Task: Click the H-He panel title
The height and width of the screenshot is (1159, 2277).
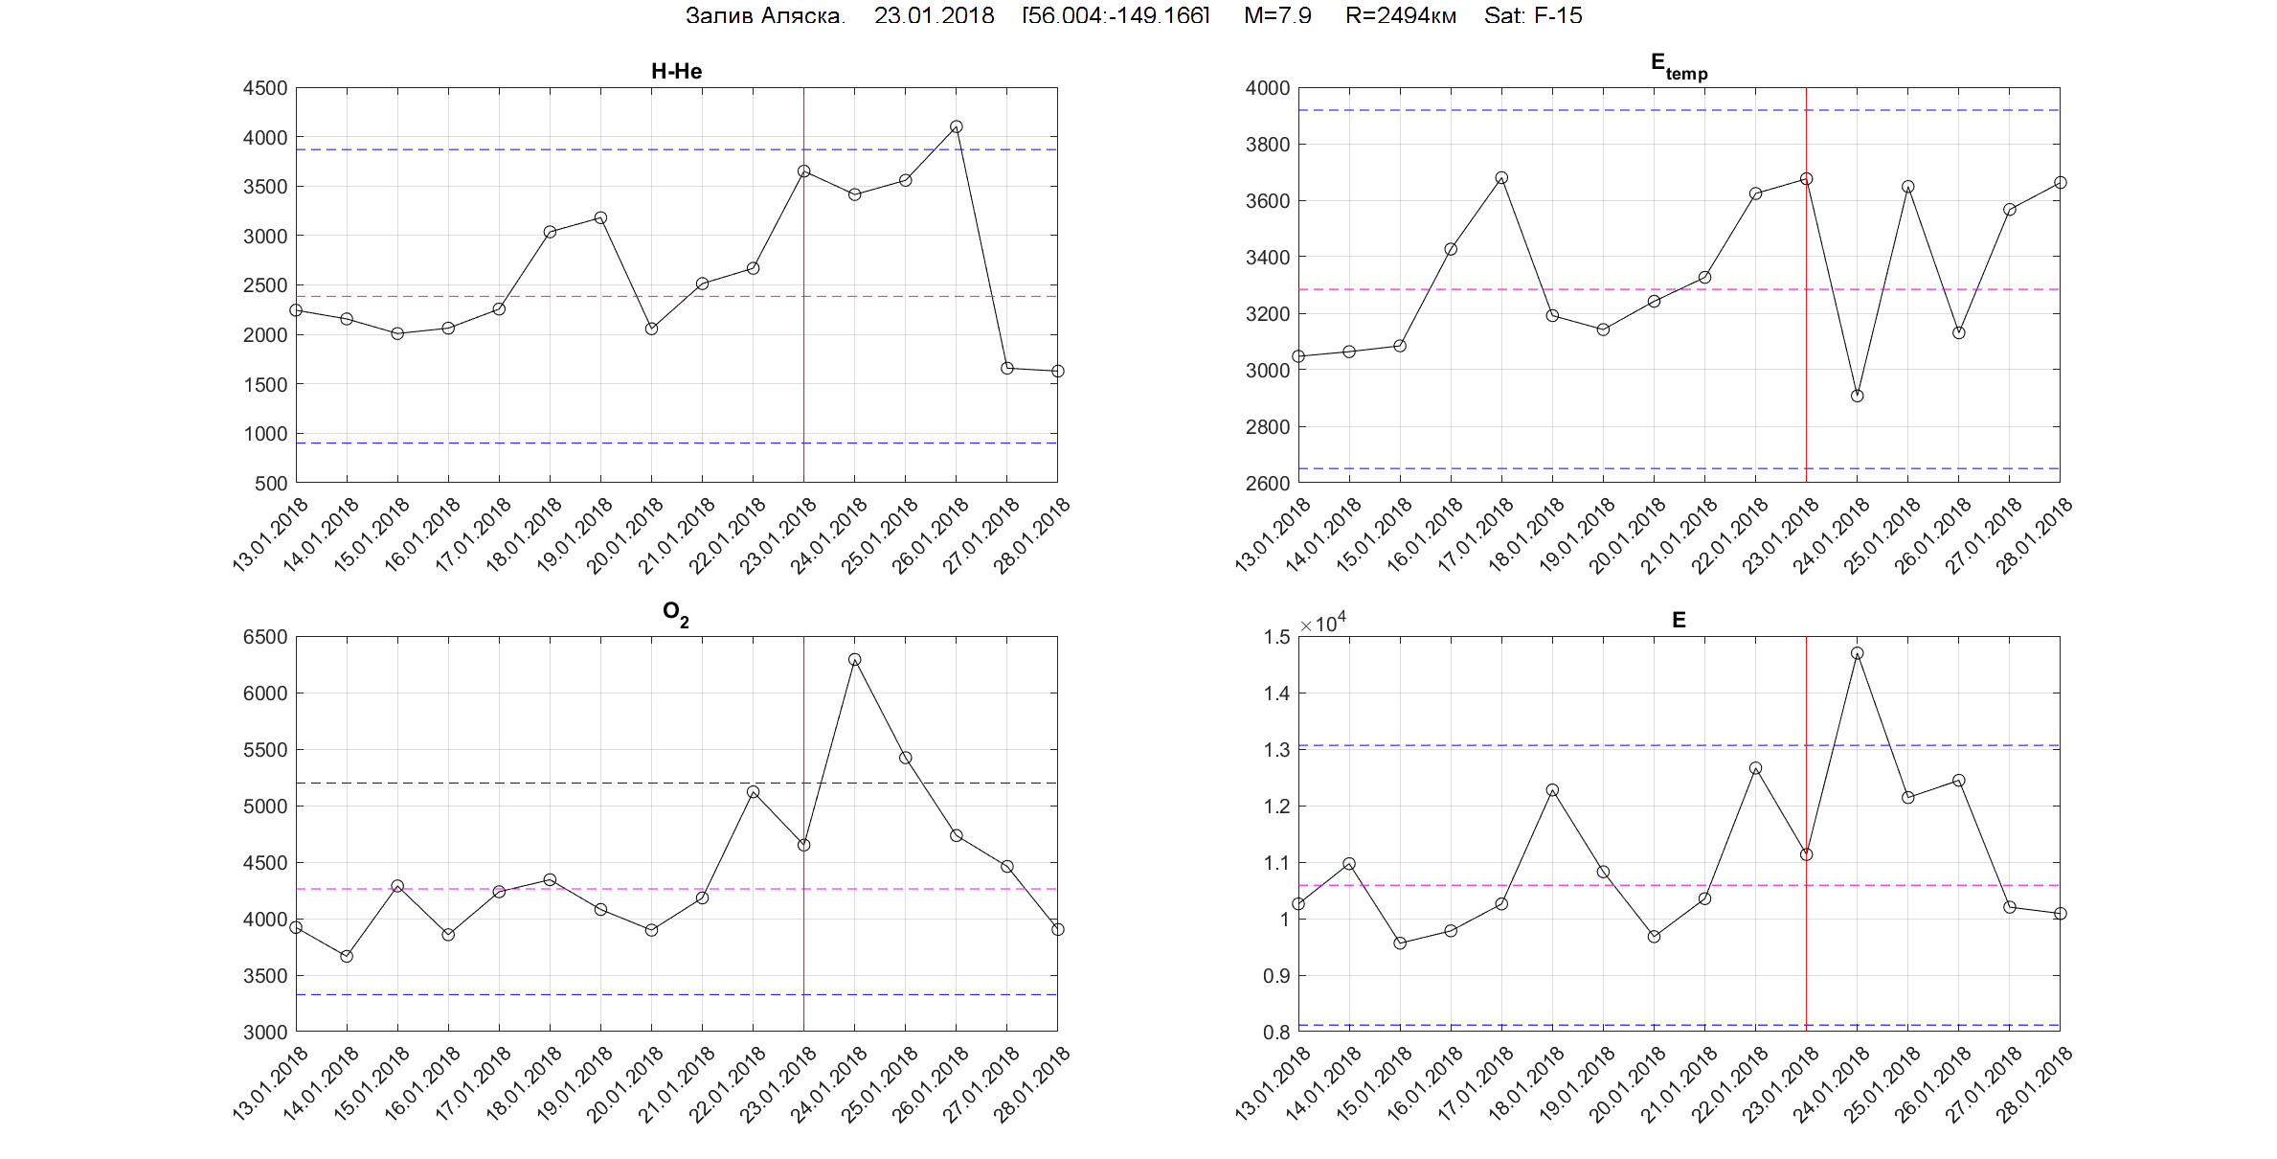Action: tap(676, 71)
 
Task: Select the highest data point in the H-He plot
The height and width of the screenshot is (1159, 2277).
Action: tap(956, 126)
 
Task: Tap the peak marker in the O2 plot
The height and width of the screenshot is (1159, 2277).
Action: tap(855, 660)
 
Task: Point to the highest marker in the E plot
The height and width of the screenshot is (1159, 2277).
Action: tap(1858, 653)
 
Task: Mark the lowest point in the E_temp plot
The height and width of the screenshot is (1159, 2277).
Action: tap(1858, 396)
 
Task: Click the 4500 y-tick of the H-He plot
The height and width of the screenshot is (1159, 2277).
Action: tap(265, 88)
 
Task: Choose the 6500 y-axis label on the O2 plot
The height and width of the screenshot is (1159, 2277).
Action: tap(265, 637)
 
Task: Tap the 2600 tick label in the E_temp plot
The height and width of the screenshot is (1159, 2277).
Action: tap(1268, 484)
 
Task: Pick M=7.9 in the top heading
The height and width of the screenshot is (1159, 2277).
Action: tap(1277, 15)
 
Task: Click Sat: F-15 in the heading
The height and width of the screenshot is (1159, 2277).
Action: tap(1533, 15)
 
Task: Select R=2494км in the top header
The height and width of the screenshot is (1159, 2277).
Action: tap(1401, 15)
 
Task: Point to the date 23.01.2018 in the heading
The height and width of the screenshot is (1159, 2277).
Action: tap(934, 15)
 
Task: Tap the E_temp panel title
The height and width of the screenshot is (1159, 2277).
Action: tap(1679, 66)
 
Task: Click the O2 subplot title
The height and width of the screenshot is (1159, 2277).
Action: tap(676, 614)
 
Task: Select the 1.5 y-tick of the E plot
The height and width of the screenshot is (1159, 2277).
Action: tap(1276, 637)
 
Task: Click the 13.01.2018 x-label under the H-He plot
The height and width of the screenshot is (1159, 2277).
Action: tap(271, 534)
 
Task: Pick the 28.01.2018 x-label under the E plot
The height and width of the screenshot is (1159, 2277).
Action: tap(2035, 1082)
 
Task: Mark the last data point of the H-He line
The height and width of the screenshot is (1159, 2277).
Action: tap(1057, 371)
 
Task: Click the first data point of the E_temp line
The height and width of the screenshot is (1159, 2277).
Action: tap(1298, 356)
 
